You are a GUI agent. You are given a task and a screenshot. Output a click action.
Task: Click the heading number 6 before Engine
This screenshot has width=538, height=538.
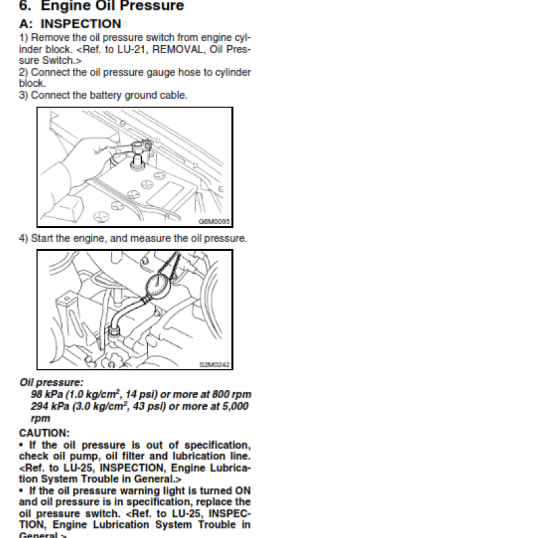(26, 7)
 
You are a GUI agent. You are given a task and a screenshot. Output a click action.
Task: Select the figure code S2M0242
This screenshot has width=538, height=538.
(215, 364)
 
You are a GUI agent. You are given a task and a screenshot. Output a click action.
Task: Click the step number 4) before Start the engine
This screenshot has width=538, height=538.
(24, 238)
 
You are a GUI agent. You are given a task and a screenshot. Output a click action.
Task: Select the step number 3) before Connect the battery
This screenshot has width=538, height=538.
(24, 95)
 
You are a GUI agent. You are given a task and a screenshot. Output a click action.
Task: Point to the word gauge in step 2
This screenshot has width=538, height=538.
(144, 72)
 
